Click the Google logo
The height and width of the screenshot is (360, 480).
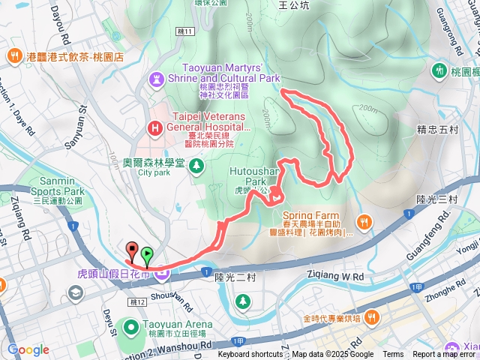(28, 349)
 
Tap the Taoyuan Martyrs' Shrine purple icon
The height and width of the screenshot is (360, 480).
(156, 77)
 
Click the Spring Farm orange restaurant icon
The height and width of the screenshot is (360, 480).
(364, 221)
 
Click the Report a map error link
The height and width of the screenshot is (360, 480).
(445, 355)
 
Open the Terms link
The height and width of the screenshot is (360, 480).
(393, 355)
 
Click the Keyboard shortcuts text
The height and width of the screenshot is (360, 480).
(250, 355)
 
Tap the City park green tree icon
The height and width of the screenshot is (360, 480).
(196, 164)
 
